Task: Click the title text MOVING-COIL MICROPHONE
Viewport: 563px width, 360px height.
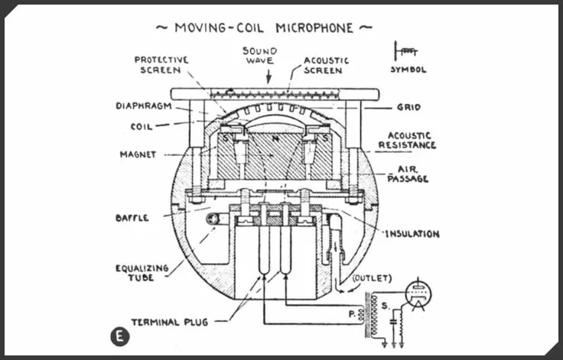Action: click(x=264, y=28)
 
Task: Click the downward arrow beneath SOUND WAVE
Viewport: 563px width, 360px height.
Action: click(x=268, y=77)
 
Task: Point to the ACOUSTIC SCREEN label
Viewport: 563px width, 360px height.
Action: click(x=327, y=64)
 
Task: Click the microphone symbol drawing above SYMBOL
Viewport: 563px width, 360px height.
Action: click(x=405, y=51)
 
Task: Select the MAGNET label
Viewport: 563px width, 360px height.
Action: click(x=138, y=154)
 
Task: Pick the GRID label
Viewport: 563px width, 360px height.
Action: click(x=408, y=108)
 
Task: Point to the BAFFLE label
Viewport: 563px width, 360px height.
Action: click(x=132, y=218)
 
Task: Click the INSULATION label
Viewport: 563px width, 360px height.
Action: click(x=412, y=234)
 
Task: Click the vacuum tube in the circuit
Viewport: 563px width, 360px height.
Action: click(x=418, y=294)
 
